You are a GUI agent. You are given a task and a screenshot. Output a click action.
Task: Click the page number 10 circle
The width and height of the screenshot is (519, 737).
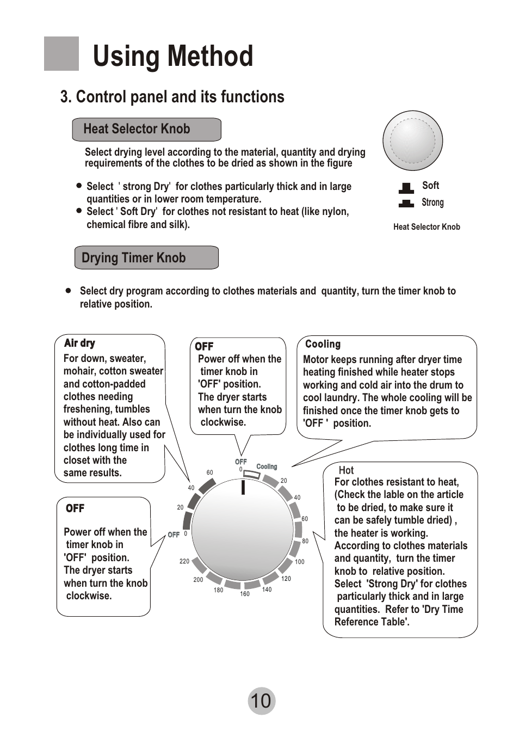(x=261, y=701)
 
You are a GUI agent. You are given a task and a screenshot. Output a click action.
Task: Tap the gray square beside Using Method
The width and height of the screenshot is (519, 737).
(x=61, y=53)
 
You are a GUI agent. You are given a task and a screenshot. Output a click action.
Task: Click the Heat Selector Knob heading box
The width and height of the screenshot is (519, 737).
(x=146, y=130)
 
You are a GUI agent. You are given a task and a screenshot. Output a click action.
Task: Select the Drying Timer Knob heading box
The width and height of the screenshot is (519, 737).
(x=146, y=257)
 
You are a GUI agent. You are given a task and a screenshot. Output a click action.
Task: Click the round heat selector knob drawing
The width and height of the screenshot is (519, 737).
(x=412, y=141)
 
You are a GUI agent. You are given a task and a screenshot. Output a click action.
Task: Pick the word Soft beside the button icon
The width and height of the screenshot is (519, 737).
(x=430, y=186)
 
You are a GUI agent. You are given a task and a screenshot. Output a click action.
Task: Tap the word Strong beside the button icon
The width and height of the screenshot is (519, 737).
(x=432, y=202)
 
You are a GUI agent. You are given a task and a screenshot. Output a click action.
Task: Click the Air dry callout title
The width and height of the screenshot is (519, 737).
(x=79, y=343)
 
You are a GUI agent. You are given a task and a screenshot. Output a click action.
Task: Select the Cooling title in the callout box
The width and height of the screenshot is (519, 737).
(x=323, y=344)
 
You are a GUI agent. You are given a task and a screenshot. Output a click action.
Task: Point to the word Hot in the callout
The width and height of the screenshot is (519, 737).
(x=346, y=470)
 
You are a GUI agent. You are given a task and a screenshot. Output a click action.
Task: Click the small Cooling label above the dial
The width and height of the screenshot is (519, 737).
(x=267, y=466)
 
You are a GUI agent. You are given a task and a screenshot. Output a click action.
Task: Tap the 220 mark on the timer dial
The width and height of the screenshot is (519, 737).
(x=184, y=561)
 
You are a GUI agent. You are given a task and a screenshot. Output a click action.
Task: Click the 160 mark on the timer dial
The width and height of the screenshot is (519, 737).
(x=245, y=594)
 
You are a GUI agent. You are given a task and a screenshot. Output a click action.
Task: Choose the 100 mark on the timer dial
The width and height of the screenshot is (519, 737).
(x=300, y=562)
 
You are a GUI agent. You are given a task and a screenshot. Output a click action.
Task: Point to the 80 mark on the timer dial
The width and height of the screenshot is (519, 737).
(x=305, y=541)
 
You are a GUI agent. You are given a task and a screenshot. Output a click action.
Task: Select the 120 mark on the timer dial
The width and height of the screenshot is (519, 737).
(x=286, y=579)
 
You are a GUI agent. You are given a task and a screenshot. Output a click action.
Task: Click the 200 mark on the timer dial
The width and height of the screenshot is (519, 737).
(x=198, y=580)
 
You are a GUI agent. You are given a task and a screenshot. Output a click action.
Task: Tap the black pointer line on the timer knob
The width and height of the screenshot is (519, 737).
(x=243, y=488)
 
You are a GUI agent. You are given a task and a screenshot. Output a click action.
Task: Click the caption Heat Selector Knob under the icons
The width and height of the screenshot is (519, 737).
(x=427, y=227)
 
